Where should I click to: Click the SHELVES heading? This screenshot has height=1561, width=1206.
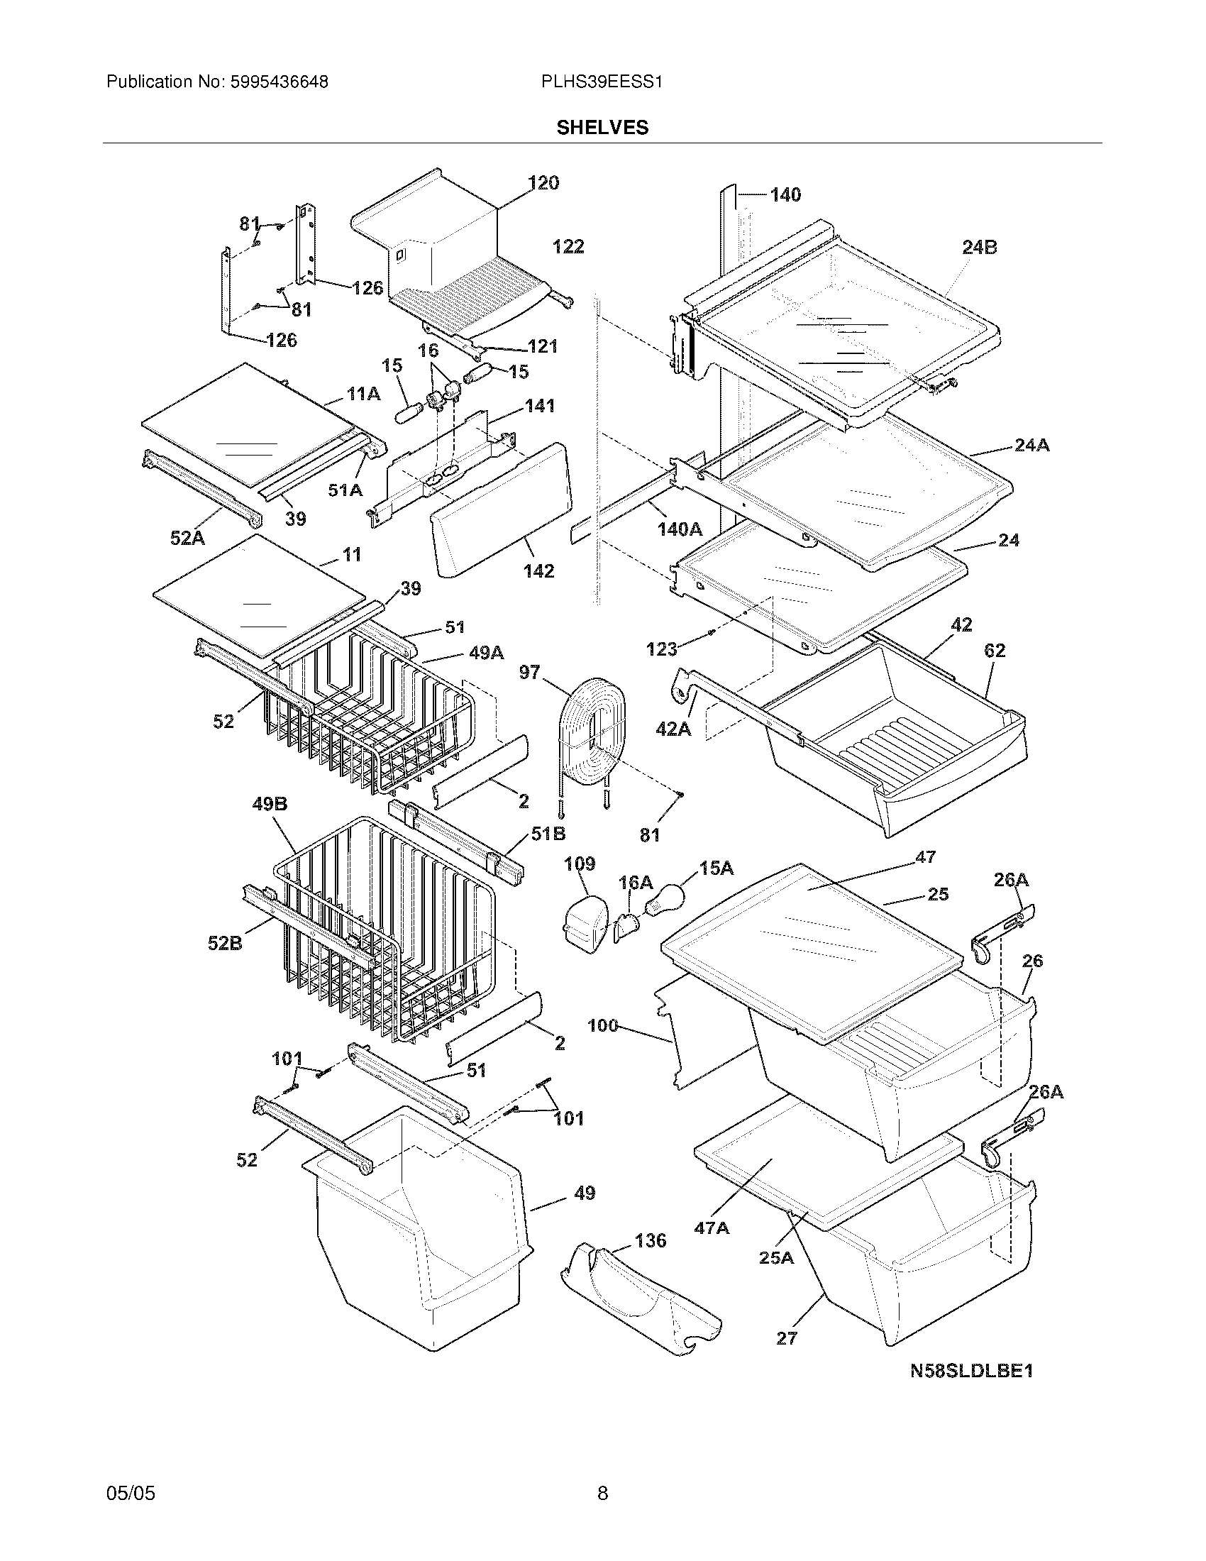602,128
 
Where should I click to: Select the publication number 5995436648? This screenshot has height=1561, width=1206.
279,82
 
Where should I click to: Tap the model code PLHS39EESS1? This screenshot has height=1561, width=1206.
602,82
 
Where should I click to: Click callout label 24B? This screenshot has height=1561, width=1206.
979,248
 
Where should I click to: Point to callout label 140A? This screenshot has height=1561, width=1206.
680,529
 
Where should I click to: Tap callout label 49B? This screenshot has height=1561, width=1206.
270,805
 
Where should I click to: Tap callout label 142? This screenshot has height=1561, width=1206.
538,571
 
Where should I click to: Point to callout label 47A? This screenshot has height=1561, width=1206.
712,1228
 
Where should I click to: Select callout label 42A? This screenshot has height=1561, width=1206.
673,729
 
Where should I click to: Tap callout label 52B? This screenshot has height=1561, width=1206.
225,944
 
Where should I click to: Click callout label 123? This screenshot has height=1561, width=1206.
661,649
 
